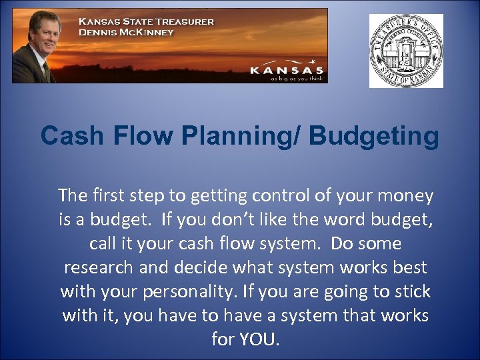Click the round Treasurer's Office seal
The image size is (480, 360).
coord(406,51)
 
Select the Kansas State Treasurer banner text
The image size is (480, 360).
coord(147,21)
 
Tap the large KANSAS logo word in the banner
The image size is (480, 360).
coord(287,69)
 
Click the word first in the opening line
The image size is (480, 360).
coord(114,195)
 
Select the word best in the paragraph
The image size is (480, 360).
coord(409,267)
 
